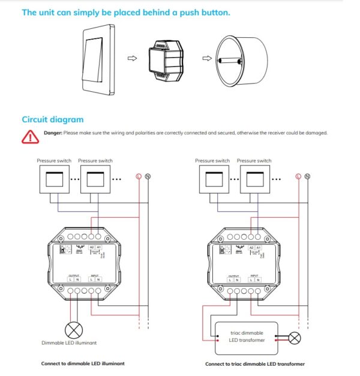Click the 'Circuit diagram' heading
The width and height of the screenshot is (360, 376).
click(52, 119)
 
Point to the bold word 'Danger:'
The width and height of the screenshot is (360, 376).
click(53, 133)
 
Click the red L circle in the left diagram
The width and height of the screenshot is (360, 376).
click(139, 176)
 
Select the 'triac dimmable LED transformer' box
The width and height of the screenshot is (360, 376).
click(246, 337)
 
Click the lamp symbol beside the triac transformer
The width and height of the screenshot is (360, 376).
click(295, 338)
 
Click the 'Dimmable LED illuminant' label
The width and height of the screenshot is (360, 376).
click(70, 343)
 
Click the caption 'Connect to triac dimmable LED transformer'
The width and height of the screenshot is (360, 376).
click(254, 364)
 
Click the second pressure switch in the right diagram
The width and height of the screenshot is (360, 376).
click(254, 178)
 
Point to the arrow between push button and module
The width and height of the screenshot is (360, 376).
click(133, 59)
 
